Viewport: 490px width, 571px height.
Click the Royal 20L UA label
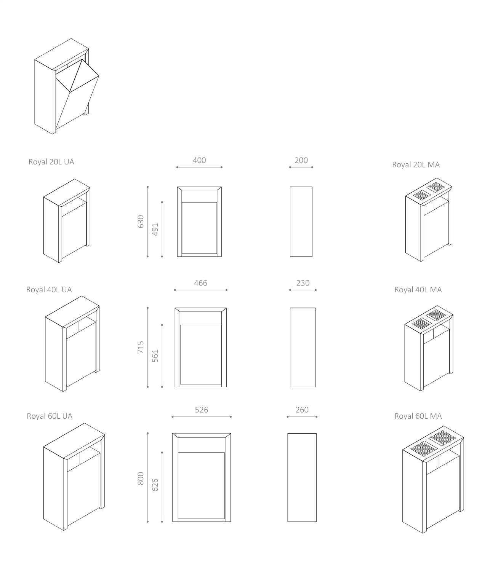[51, 162]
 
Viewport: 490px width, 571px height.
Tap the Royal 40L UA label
[49, 290]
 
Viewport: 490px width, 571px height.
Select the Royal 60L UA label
[50, 416]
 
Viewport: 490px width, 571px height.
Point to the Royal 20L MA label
[416, 165]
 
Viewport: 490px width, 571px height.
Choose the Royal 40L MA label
[418, 290]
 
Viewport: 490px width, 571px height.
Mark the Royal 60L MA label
[418, 416]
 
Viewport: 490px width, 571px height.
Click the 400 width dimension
[199, 160]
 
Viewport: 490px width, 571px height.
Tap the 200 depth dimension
[301, 160]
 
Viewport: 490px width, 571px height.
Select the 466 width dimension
[200, 283]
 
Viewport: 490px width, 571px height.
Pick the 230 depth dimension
[303, 283]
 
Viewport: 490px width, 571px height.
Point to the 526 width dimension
[201, 410]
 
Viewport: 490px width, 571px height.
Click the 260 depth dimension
[302, 410]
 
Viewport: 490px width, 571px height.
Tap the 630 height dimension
[141, 222]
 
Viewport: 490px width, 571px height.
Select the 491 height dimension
[155, 230]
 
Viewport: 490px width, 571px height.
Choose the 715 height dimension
[141, 347]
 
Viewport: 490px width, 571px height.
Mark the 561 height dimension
[155, 356]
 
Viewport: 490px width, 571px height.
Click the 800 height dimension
[141, 479]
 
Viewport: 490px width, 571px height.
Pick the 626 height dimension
[155, 485]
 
